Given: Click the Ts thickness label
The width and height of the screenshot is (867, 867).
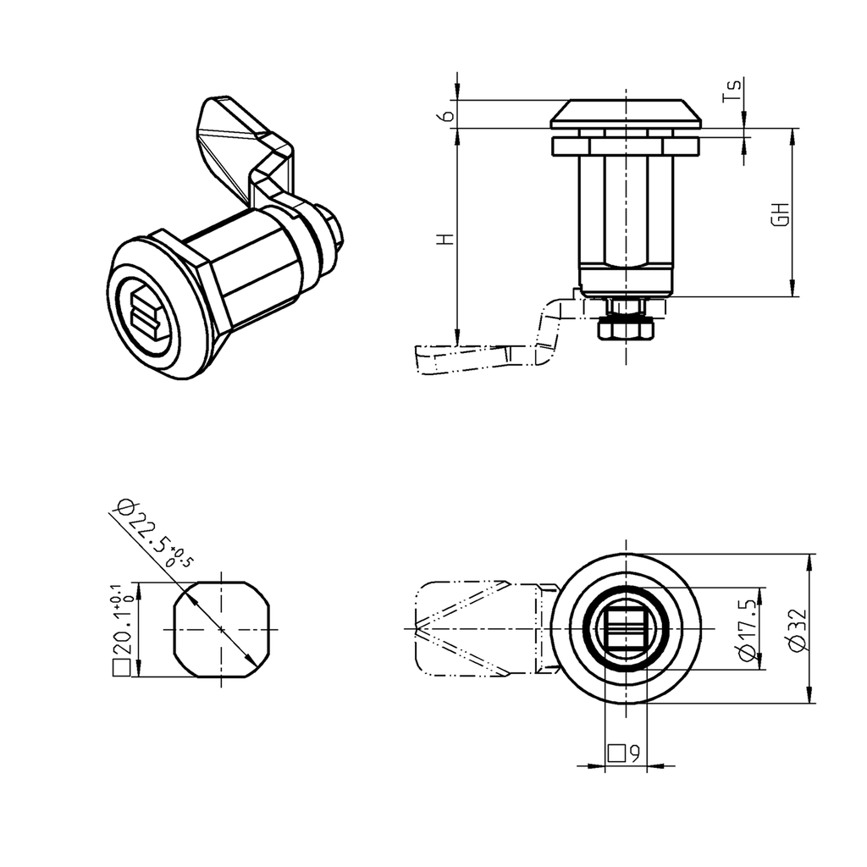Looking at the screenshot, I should tap(734, 91).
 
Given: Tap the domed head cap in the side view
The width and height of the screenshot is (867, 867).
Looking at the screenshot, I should tap(626, 113).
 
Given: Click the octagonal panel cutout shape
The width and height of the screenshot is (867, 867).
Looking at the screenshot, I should tap(222, 630).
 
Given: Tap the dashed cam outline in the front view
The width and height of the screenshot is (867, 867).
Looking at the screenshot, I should tap(474, 629).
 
